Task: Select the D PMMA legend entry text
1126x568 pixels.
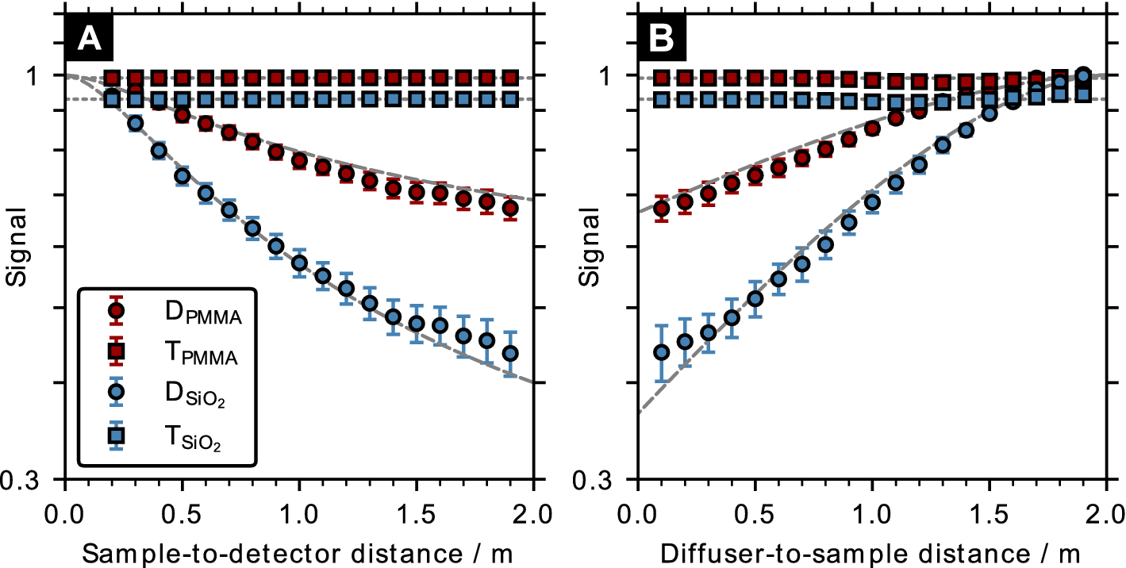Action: (x=202, y=313)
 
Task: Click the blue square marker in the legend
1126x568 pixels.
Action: (x=117, y=435)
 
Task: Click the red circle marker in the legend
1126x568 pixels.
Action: (x=117, y=310)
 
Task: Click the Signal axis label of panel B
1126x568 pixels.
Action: (x=590, y=247)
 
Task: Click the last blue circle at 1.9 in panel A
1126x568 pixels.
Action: (x=510, y=353)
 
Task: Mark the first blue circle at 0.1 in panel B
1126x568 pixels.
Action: (x=660, y=352)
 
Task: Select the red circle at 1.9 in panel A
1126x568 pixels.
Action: (x=510, y=209)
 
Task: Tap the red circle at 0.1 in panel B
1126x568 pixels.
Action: (x=660, y=209)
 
